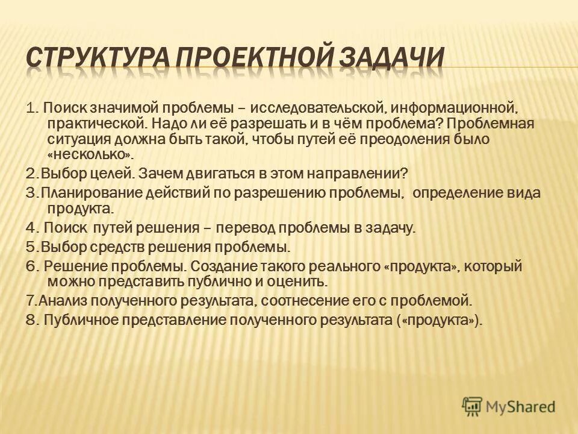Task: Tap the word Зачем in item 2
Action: pyautogui.click(x=159, y=174)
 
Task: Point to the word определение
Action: pyautogui.click(x=460, y=193)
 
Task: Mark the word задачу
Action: pyautogui.click(x=387, y=228)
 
